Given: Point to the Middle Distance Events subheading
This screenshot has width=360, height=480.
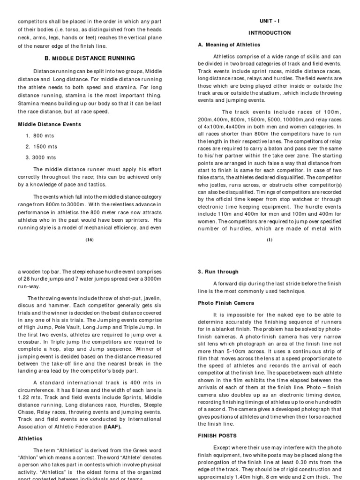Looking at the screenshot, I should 50,124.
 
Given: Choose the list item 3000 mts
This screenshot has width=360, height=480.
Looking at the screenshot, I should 44,158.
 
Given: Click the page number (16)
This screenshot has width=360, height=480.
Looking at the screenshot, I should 90,240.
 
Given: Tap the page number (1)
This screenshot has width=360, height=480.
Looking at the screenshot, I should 269,240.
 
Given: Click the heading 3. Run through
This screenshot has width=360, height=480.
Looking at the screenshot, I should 218,271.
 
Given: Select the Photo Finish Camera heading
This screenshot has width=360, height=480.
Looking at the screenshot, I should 226,303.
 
